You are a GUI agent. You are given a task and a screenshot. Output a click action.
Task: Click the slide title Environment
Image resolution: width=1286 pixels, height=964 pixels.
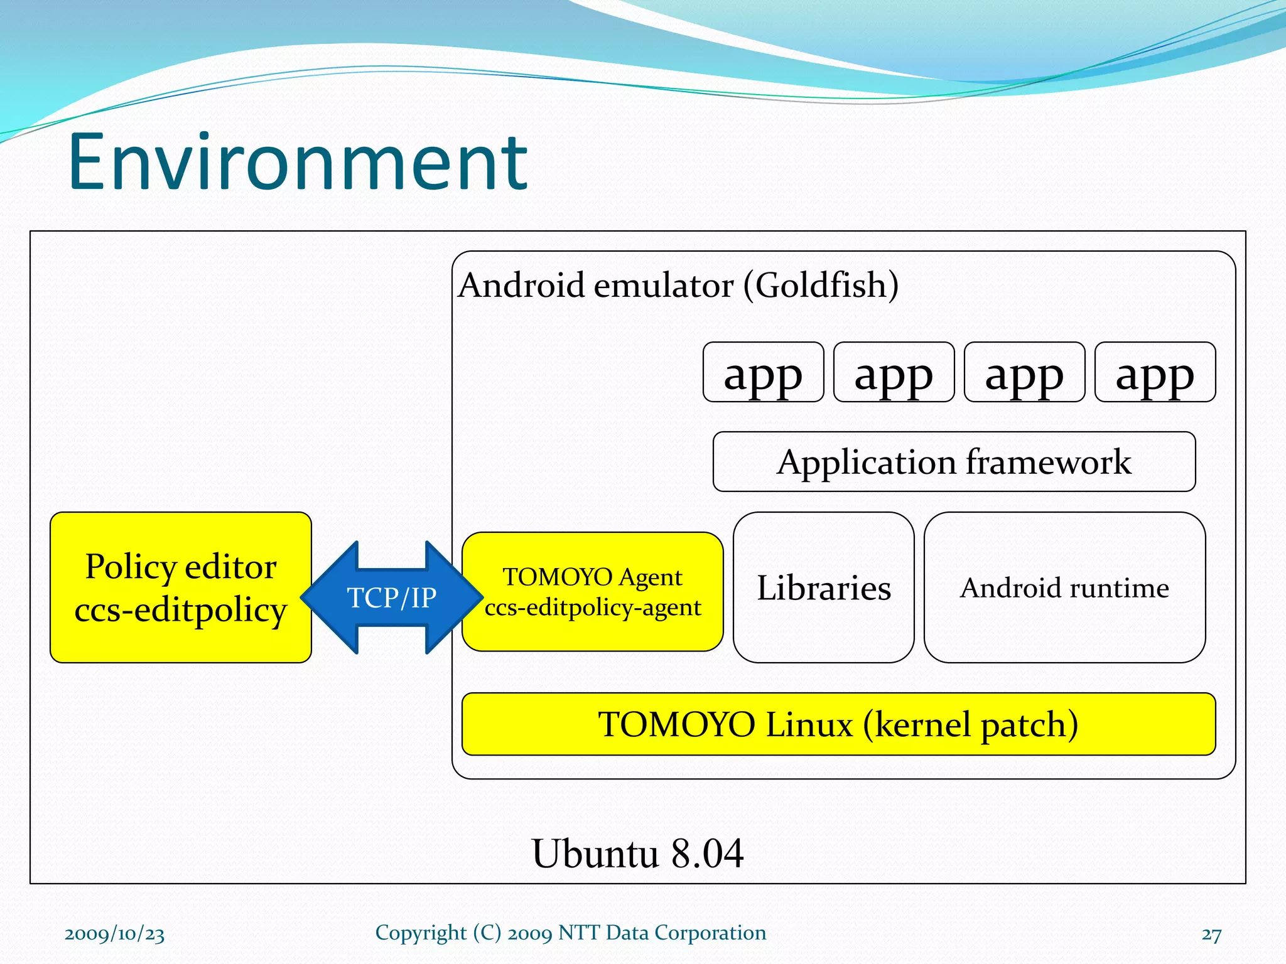pyautogui.click(x=298, y=163)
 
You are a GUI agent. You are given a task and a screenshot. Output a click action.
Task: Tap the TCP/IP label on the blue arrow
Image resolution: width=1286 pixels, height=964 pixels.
pyautogui.click(x=392, y=597)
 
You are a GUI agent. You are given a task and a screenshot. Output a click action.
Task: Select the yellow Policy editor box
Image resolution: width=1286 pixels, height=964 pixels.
pyautogui.click(x=181, y=587)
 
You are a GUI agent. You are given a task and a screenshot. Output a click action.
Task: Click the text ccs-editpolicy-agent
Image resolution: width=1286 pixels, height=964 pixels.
pyautogui.click(x=593, y=608)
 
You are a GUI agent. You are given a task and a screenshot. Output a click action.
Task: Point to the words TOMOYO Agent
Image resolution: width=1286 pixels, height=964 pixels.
pyautogui.click(x=592, y=577)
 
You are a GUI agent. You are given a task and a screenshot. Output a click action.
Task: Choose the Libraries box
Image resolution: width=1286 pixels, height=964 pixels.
pyautogui.click(x=823, y=588)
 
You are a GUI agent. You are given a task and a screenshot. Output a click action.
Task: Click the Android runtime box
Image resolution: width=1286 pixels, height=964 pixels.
pyautogui.click(x=1064, y=588)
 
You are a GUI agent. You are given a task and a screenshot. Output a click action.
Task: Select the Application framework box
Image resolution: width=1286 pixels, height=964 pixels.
pyautogui.click(x=954, y=462)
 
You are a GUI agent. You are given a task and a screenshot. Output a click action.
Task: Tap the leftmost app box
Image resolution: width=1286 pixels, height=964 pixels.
pyautogui.click(x=763, y=373)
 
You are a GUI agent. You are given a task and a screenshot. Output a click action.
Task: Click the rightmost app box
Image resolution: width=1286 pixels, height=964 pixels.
pyautogui.click(x=1155, y=373)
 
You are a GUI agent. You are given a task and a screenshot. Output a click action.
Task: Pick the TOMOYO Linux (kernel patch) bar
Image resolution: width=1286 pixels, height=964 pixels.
pyautogui.click(x=838, y=724)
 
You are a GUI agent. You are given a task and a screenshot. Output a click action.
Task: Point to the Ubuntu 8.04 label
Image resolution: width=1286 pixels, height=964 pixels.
pyautogui.click(x=637, y=854)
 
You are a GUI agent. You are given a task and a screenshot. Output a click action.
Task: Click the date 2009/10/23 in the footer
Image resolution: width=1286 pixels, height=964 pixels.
pyautogui.click(x=114, y=933)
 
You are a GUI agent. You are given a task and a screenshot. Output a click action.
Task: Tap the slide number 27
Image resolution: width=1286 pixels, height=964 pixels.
pyautogui.click(x=1211, y=935)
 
